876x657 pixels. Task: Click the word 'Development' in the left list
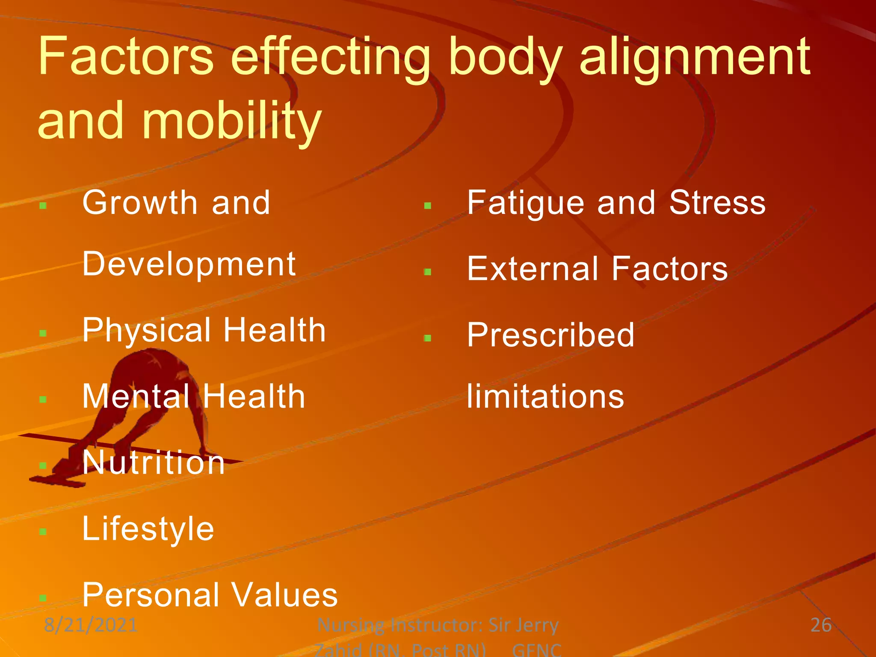pyautogui.click(x=189, y=264)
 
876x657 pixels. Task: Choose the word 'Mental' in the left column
pyautogui.click(x=136, y=397)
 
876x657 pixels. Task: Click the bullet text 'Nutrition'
pyautogui.click(x=154, y=463)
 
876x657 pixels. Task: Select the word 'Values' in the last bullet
pyautogui.click(x=284, y=595)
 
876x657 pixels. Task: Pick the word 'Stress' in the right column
pyautogui.click(x=717, y=202)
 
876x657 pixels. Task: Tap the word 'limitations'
pyautogui.click(x=545, y=397)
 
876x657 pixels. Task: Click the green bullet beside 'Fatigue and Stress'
pyautogui.click(x=427, y=206)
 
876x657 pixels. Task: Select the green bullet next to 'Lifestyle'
pyautogui.click(x=42, y=532)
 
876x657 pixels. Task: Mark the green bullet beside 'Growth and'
pyautogui.click(x=42, y=206)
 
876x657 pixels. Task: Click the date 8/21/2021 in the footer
pyautogui.click(x=91, y=625)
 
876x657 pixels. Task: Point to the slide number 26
pyautogui.click(x=821, y=625)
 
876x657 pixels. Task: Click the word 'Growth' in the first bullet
pyautogui.click(x=139, y=203)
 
